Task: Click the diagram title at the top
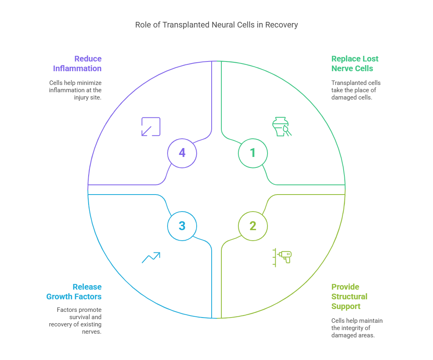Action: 216,25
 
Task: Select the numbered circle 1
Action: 253,153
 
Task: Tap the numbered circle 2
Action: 253,226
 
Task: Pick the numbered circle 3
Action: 182,226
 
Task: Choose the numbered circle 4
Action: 182,153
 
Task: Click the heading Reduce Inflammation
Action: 77,64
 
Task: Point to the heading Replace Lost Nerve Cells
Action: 355,64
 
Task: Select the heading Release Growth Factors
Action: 74,292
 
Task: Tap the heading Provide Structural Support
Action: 349,296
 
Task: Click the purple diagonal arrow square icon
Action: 151,127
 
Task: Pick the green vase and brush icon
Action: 282,127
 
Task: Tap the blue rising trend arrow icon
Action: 151,258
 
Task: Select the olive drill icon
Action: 282,257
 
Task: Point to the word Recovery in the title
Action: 282,25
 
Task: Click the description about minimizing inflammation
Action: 75,90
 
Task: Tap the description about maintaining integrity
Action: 357,328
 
